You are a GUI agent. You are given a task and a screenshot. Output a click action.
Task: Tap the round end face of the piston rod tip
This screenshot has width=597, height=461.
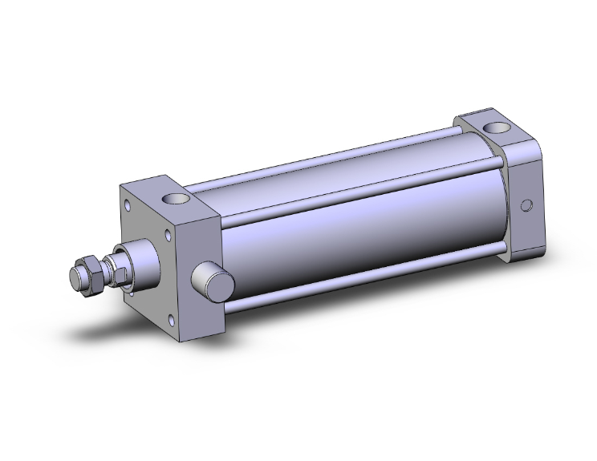73,280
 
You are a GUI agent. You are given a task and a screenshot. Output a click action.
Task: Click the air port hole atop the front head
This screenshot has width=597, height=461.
175,196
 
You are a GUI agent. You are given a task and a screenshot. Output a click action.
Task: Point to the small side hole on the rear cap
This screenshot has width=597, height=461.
526,205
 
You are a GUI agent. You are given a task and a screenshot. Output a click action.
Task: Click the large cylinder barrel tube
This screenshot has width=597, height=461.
361,233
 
